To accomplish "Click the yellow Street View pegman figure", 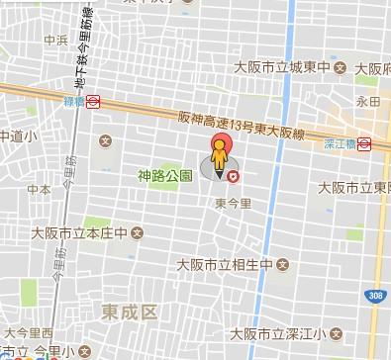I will pyautogui.click(x=219, y=159).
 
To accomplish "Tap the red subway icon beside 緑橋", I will pyautogui.click(x=94, y=100).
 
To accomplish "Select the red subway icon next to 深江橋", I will pyautogui.click(x=364, y=142).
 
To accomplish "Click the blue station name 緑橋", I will pyautogui.click(x=73, y=100).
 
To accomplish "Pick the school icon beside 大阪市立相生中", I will pyautogui.click(x=281, y=264).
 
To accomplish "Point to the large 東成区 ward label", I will pyautogui.click(x=130, y=312).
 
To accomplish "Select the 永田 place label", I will pyautogui.click(x=368, y=101).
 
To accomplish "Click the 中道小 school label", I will pyautogui.click(x=18, y=135).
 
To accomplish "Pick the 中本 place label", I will pyautogui.click(x=39, y=187).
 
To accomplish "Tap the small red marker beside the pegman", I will pyautogui.click(x=234, y=176).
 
